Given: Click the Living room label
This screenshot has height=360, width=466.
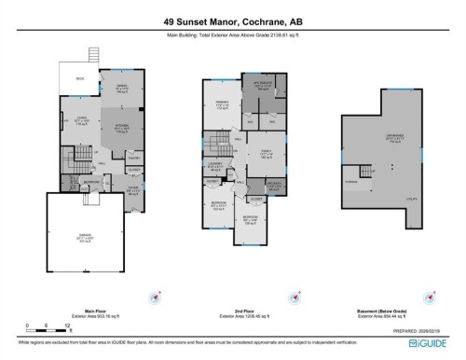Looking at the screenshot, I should (80, 118).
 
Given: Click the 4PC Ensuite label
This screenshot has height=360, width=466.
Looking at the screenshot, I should (263, 87).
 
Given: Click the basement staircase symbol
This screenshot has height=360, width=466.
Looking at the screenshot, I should (353, 179).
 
